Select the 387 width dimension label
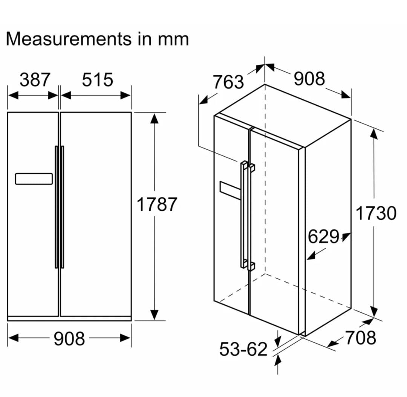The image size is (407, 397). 35,80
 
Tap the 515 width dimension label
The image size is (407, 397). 98,80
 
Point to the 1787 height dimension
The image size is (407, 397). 156,205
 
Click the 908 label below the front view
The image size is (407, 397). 69,339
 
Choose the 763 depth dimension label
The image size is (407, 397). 228,82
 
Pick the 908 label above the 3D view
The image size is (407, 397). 309,79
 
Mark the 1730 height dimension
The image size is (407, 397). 376,213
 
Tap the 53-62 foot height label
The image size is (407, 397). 243,350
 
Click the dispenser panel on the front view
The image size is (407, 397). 34,179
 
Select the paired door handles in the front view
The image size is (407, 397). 60,207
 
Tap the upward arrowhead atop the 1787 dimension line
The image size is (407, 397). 154,118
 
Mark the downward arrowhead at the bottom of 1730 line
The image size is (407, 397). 373,312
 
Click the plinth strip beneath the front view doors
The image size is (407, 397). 69,318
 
